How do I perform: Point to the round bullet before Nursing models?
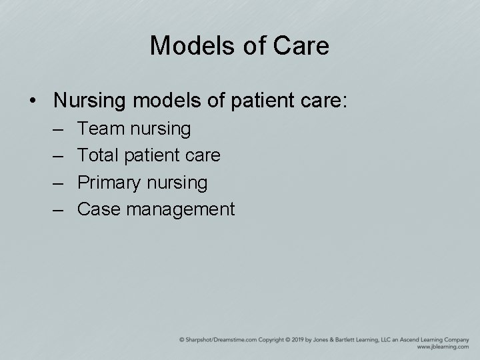[33, 101]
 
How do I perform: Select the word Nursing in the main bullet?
[91, 100]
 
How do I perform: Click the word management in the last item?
[181, 210]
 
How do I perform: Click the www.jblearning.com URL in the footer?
[442, 347]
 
